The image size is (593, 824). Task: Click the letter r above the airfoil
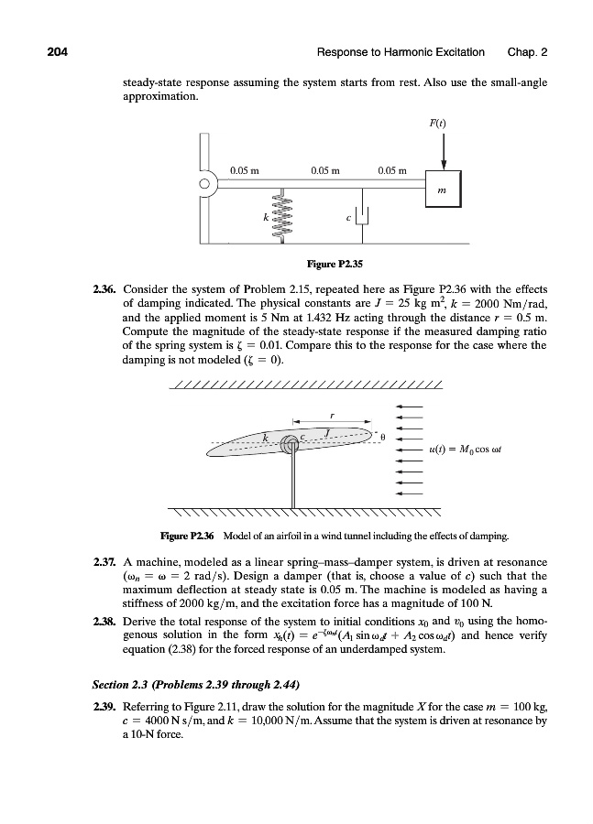331,417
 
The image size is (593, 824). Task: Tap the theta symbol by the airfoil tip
384,439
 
